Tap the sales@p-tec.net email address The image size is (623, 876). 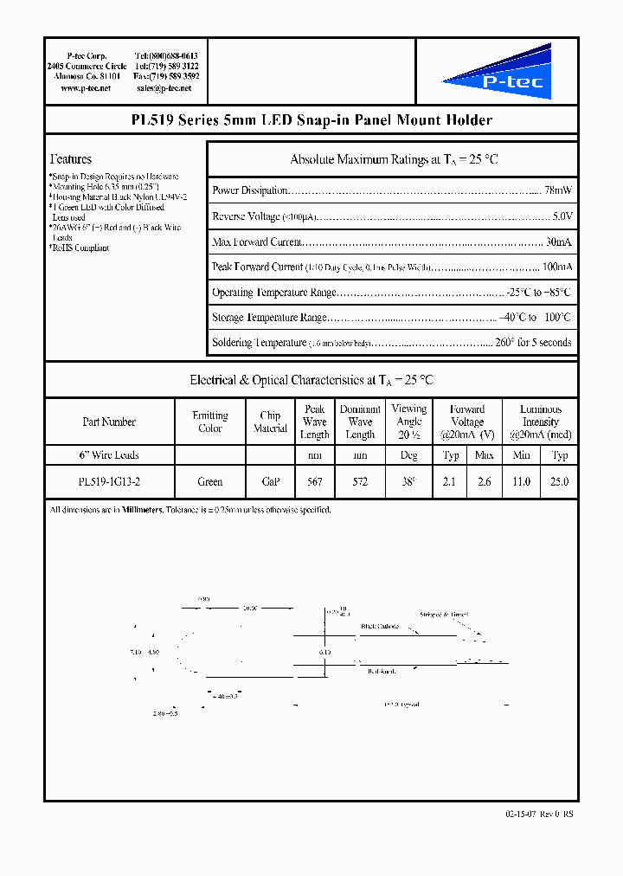[x=167, y=88]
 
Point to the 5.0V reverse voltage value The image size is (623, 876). [x=561, y=216]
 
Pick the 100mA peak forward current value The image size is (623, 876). [x=556, y=267]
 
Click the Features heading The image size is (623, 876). [x=71, y=159]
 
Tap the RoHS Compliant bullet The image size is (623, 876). [x=80, y=248]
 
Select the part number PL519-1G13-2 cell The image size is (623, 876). [x=109, y=482]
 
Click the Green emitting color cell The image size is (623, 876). [x=210, y=482]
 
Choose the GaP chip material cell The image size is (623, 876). [x=270, y=482]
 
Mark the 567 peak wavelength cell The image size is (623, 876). [x=314, y=482]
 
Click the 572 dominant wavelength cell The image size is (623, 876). [x=360, y=482]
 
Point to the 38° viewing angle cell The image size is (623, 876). [x=409, y=482]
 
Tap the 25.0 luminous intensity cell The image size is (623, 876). [x=560, y=482]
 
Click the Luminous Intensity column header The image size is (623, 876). [x=541, y=422]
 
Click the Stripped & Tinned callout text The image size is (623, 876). [x=444, y=615]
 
